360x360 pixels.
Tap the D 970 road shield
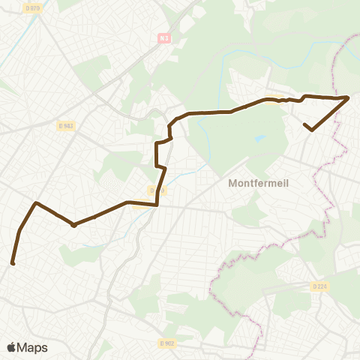[32, 8]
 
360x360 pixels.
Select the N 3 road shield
[165, 37]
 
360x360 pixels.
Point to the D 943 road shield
[65, 126]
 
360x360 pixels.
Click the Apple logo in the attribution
[11, 347]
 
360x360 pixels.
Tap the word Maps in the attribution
[32, 347]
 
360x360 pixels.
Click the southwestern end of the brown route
[13, 262]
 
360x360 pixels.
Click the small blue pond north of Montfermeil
[259, 138]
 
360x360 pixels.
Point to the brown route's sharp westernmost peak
[35, 202]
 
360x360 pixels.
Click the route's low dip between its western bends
[73, 225]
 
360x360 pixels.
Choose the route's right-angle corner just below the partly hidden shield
[157, 204]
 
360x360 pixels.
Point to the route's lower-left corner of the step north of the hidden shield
[156, 166]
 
